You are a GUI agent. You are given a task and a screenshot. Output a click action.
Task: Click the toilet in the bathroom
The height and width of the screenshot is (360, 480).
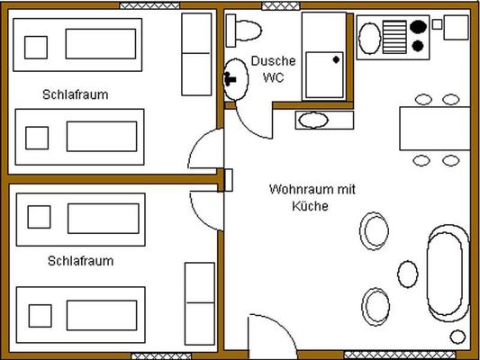[244, 31]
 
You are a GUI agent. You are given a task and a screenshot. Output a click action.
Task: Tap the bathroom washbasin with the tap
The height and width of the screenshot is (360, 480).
[235, 79]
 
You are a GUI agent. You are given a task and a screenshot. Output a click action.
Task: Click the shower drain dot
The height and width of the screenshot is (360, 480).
[336, 59]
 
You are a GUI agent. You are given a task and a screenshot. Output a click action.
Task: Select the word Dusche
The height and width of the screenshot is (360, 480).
[274, 61]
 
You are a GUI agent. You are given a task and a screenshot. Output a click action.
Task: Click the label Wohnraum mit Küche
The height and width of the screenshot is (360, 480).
[312, 197]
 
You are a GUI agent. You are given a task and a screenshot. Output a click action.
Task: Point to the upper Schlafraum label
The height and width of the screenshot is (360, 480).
[76, 94]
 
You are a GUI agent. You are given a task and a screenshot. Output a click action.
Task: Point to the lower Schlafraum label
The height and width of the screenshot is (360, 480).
[80, 261]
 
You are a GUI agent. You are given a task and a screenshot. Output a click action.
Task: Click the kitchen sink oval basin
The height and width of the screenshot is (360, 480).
[370, 39]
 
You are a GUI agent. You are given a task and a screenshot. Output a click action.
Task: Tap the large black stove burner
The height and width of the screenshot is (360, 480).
[418, 27]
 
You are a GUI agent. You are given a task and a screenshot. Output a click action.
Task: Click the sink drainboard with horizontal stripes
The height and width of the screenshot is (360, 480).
[395, 37]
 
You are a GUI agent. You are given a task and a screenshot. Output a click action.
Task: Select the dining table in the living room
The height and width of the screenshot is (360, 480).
[435, 129]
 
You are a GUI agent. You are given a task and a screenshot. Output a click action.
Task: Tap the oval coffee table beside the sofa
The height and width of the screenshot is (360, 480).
[408, 274]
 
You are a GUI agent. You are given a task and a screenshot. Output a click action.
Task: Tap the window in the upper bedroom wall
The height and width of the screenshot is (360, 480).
[149, 5]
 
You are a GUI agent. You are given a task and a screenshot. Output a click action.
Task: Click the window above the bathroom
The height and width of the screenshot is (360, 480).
[281, 5]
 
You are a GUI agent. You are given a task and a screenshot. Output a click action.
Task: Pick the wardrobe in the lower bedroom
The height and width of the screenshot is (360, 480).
[200, 303]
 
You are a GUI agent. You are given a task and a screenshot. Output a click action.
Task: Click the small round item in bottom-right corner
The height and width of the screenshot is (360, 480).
[457, 337]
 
